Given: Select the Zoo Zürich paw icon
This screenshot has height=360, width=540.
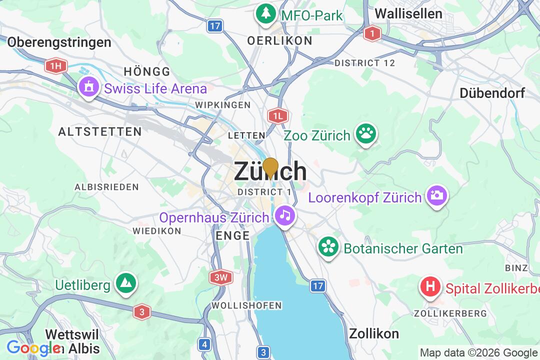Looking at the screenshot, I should [x=366, y=134].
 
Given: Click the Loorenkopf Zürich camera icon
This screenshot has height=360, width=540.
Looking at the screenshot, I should [x=436, y=195].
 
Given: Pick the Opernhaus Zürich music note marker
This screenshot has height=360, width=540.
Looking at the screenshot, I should [x=285, y=216].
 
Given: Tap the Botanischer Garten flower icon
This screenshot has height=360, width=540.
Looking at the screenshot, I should [x=328, y=247].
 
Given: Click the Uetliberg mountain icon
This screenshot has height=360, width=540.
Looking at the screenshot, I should [x=124, y=284].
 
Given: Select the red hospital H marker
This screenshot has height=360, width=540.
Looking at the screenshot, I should [x=430, y=287].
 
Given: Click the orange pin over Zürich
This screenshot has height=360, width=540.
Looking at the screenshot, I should [x=270, y=167].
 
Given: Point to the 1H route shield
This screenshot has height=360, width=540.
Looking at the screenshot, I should [x=55, y=65].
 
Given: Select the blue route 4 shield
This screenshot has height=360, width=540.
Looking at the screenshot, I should [x=204, y=344].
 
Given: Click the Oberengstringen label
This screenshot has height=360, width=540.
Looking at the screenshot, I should [x=59, y=42].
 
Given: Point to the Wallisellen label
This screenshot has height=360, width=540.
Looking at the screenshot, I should [x=408, y=13].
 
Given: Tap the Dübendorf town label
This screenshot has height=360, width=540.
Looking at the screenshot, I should [x=492, y=93].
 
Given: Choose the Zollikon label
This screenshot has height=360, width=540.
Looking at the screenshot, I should [x=374, y=333].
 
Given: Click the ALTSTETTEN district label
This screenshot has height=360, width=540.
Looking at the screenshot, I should [x=99, y=132].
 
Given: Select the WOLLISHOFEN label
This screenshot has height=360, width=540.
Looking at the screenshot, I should [x=246, y=305].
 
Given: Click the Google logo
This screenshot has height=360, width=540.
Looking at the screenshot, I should [x=32, y=347].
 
